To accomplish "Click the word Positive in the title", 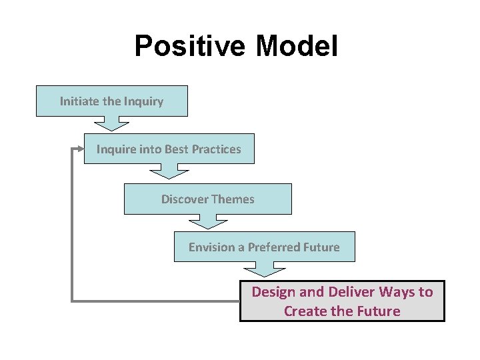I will (x=191, y=47).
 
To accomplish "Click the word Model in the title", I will (x=297, y=47).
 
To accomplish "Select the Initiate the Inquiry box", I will (x=111, y=101).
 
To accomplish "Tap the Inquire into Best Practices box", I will (x=169, y=149).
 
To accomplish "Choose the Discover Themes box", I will (x=207, y=199).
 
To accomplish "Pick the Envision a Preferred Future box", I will (x=264, y=247).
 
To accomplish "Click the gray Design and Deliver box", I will (x=342, y=301).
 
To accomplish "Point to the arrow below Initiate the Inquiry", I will (x=111, y=123).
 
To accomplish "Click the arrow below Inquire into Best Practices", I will (x=169, y=171).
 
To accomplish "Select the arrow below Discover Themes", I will (x=207, y=221).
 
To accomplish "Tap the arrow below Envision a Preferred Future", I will (x=265, y=269).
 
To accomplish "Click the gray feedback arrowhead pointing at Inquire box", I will (x=75, y=149).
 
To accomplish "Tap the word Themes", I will (x=233, y=199).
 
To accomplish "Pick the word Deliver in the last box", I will (x=352, y=292).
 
